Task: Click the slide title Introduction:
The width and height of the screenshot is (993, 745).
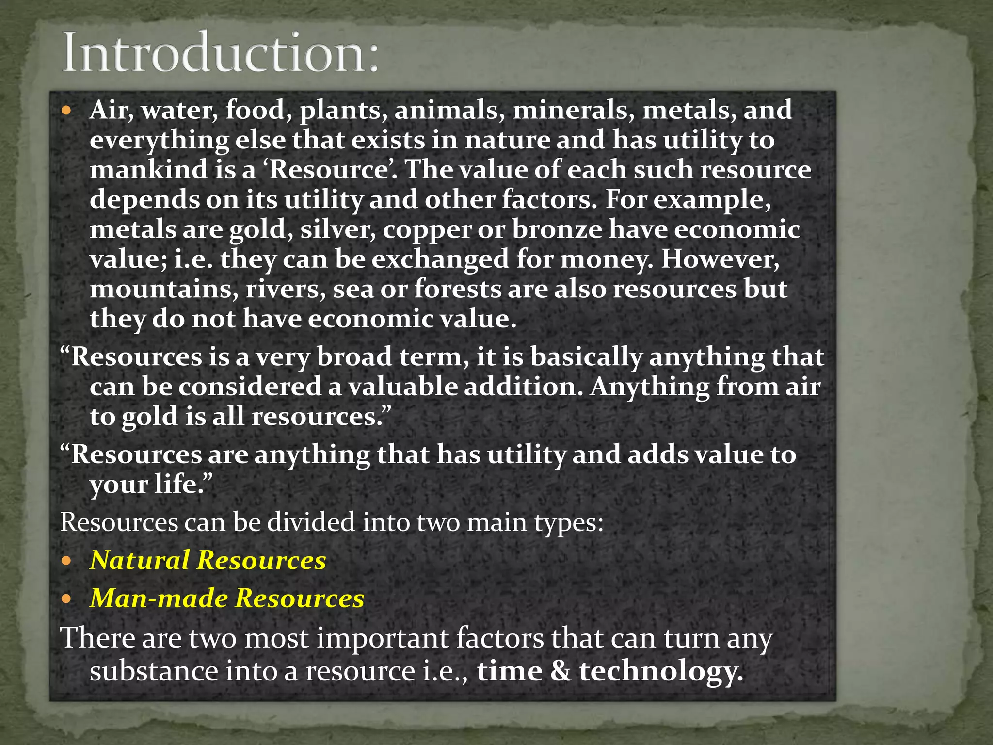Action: click(221, 52)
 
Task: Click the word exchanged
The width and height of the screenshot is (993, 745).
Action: click(440, 259)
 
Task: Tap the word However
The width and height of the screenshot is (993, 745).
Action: click(720, 259)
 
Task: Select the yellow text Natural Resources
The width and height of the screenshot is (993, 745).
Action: click(208, 560)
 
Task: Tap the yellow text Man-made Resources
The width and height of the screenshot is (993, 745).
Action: click(227, 598)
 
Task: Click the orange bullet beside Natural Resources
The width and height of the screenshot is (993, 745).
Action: click(66, 561)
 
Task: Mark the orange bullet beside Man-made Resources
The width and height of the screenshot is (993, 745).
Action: click(66, 599)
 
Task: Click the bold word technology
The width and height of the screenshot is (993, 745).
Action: click(661, 672)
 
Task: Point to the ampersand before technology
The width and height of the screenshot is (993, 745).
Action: click(561, 672)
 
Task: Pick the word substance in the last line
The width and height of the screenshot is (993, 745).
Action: click(154, 672)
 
